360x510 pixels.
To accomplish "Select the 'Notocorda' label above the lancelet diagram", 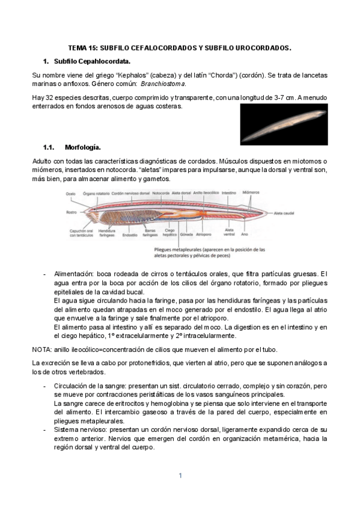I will pyautogui.click(x=160, y=193).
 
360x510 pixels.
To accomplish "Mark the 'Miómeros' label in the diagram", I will pyautogui.click(x=251, y=192).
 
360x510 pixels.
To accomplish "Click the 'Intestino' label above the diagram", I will pyautogui.click(x=228, y=193).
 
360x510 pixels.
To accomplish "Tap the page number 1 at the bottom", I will pyautogui.click(x=180, y=476).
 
